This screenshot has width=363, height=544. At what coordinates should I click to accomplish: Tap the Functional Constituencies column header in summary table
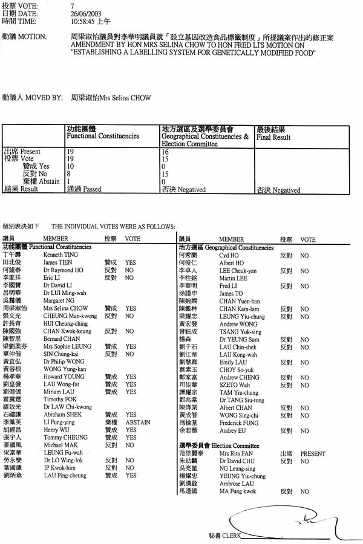click(102, 137)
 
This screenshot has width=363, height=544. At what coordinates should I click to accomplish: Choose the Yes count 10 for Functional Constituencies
click(70, 166)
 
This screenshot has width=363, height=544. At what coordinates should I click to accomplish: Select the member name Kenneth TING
click(60, 255)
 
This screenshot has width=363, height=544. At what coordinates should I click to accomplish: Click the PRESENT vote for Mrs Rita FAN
click(313, 453)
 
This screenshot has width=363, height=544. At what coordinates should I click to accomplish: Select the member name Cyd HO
click(228, 256)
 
